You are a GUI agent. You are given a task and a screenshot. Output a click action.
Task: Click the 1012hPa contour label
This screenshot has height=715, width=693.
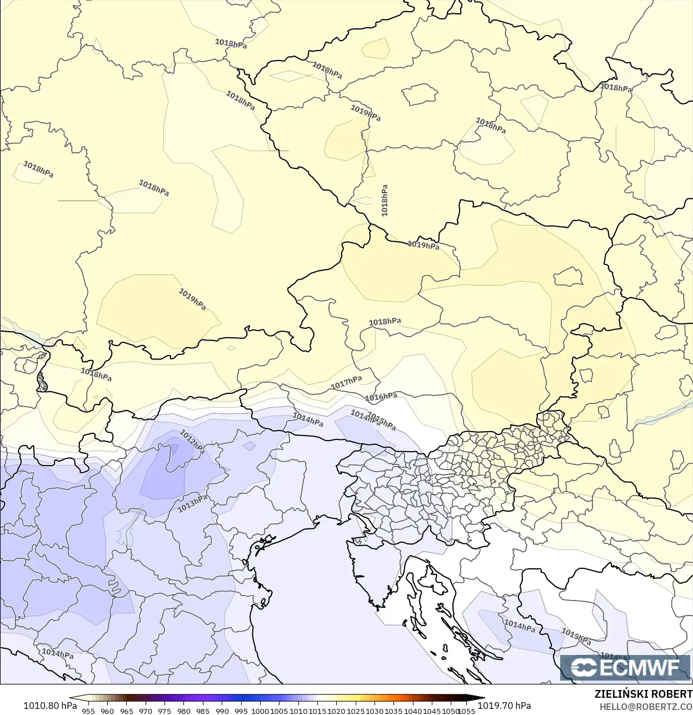point(192,442)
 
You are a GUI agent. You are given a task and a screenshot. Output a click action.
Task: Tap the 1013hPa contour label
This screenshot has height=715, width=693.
point(192,503)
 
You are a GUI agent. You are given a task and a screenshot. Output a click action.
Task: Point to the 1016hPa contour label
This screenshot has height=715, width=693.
point(381,397)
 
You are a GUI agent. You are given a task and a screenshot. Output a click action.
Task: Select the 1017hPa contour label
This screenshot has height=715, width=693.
point(346,382)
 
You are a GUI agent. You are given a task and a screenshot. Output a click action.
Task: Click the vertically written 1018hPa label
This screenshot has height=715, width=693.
point(385,200)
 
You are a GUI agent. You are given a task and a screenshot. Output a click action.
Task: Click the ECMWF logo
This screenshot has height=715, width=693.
point(625,667)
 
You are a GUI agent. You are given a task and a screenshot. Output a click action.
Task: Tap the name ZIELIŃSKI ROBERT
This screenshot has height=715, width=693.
point(643,694)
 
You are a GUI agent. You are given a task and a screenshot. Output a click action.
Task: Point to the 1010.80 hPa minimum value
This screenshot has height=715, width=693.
point(50,706)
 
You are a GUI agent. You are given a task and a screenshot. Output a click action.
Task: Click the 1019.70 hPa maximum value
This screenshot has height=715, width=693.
point(505,706)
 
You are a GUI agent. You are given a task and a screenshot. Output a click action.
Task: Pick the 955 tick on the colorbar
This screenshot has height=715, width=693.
point(88,711)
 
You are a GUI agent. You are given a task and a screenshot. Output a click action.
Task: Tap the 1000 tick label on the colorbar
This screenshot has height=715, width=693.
point(260,711)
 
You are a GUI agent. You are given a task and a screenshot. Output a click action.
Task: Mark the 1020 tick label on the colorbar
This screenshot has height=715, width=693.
point(336,711)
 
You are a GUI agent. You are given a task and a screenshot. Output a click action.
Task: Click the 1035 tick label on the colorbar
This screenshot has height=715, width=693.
point(393,711)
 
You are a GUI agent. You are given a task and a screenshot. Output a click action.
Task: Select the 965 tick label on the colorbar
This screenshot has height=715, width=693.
point(126,711)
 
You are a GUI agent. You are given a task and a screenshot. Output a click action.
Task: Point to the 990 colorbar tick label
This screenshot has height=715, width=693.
point(222,711)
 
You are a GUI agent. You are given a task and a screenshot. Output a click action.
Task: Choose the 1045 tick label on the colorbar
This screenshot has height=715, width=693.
point(432,711)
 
